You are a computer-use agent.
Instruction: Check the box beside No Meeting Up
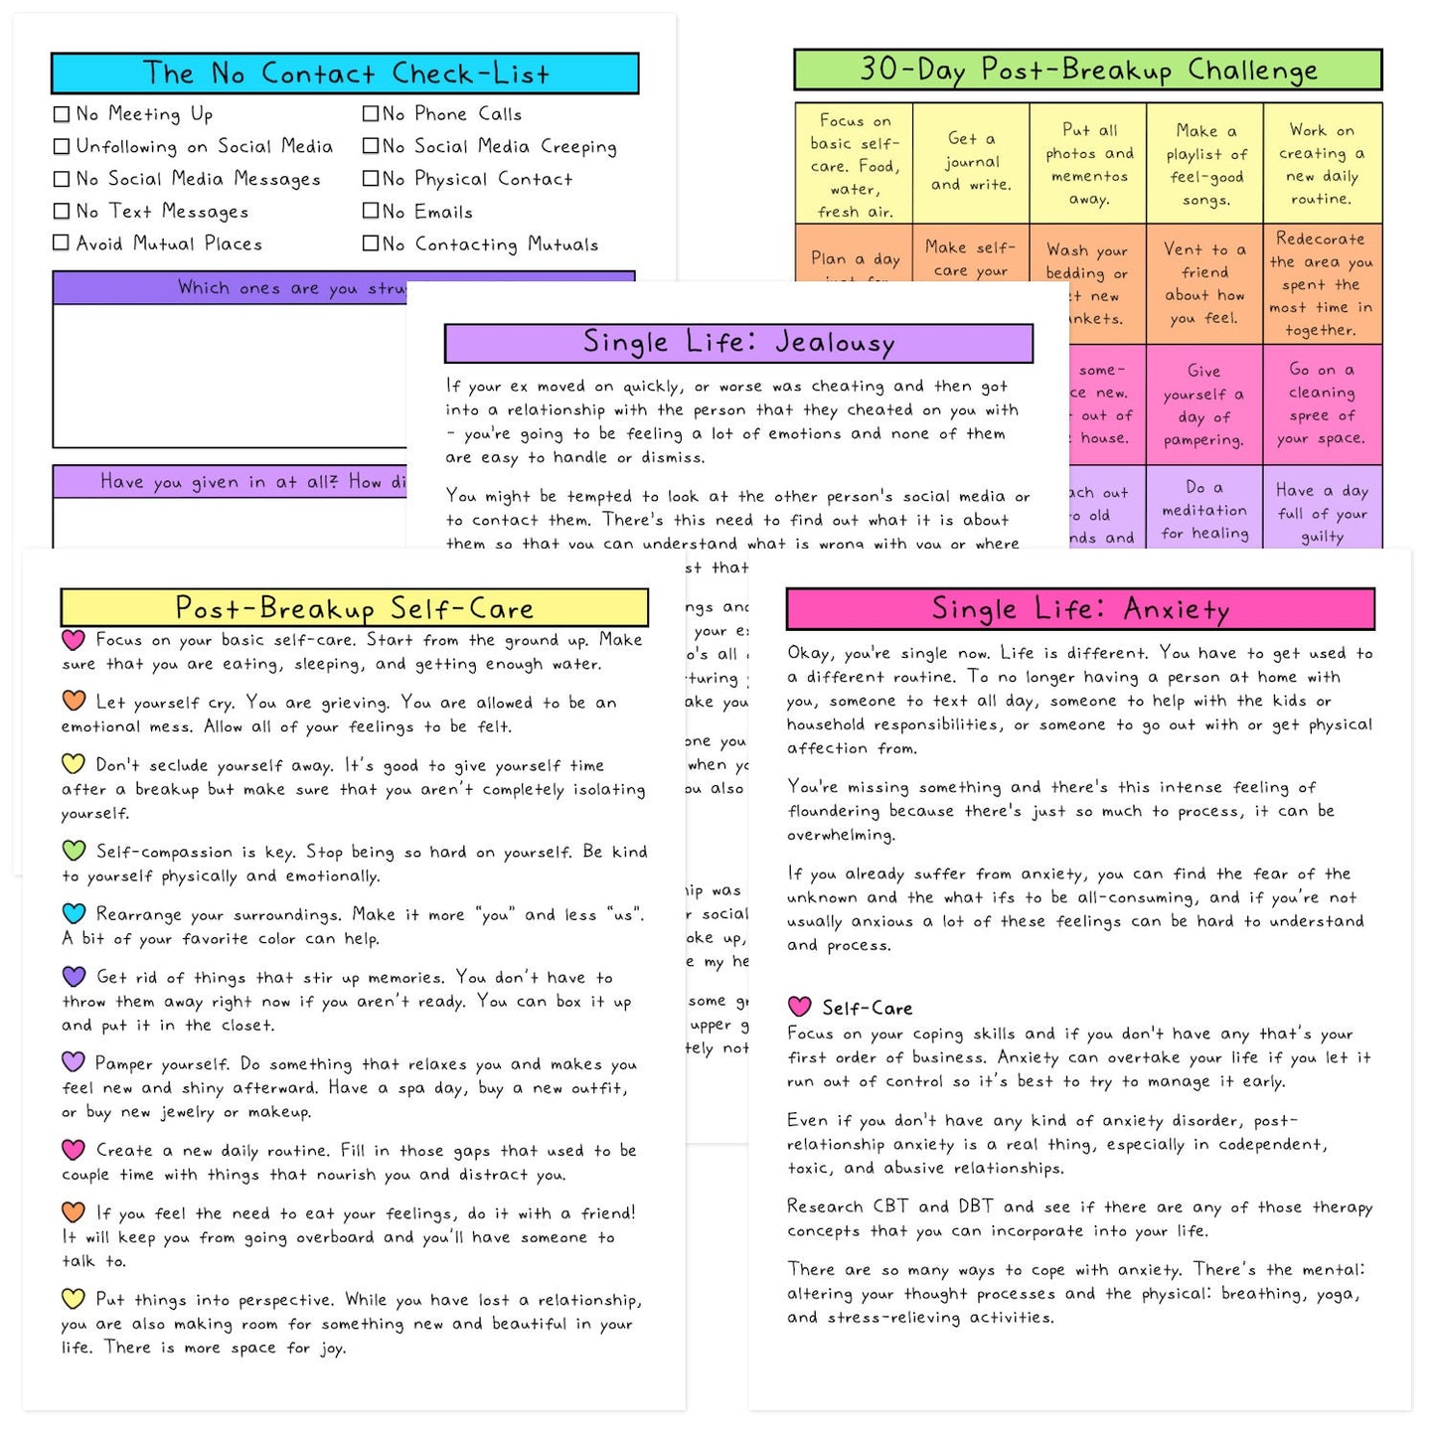[x=62, y=114]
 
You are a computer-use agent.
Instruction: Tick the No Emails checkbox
[x=371, y=211]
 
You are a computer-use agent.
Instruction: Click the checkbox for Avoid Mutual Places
[x=62, y=242]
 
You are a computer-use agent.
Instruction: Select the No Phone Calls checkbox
[x=371, y=114]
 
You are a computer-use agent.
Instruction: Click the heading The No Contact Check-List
[x=344, y=74]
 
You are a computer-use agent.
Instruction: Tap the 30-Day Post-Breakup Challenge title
[x=1087, y=70]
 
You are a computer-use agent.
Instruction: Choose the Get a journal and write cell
[x=971, y=162]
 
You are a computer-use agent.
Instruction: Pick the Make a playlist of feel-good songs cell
[x=1204, y=164]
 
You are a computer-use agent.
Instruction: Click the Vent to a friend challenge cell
[x=1204, y=283]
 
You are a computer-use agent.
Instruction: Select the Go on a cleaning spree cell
[x=1322, y=403]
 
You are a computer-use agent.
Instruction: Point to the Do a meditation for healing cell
[x=1204, y=510]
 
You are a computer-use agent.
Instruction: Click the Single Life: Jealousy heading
[x=738, y=343]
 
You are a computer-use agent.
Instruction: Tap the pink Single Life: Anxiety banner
[x=1080, y=609]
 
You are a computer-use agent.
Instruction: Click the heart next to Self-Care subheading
[x=800, y=1007]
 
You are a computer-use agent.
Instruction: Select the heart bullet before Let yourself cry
[x=74, y=701]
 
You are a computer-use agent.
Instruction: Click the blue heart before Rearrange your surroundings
[x=74, y=912]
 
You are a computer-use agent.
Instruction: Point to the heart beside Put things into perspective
[x=74, y=1298]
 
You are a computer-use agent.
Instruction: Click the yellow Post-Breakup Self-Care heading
[x=354, y=608]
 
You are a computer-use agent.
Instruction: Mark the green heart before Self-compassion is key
[x=74, y=850]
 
